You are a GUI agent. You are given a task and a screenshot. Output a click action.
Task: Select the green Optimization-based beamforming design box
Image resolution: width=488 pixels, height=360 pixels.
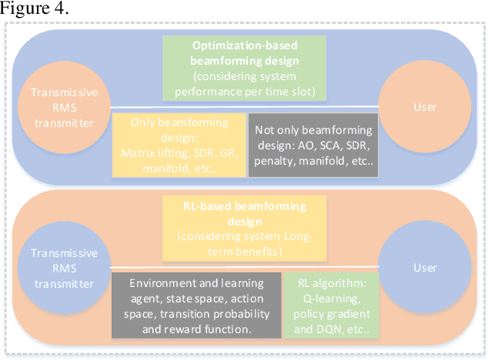click(x=246, y=67)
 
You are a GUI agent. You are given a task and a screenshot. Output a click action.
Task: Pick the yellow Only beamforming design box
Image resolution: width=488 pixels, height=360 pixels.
click(x=179, y=145)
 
